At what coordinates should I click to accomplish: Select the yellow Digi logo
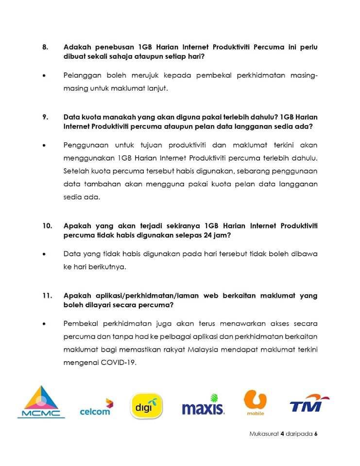(x=147, y=406)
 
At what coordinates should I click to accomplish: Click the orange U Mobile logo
(x=256, y=402)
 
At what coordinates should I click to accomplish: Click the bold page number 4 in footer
(x=282, y=434)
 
